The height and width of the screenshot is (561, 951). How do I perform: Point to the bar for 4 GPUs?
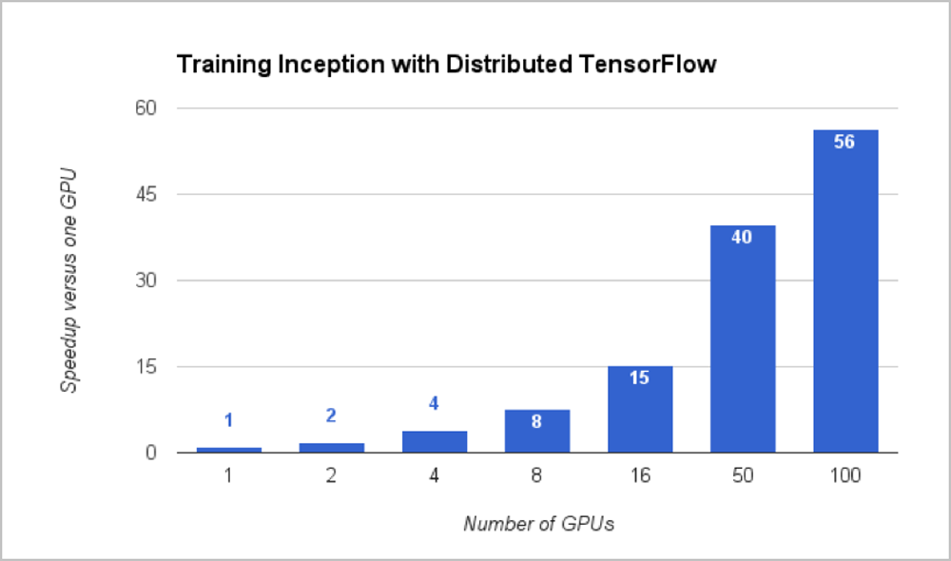(434, 442)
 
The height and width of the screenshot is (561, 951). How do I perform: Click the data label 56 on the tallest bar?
(844, 143)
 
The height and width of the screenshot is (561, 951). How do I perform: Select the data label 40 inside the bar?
(742, 237)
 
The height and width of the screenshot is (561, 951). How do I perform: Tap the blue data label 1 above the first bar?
(228, 420)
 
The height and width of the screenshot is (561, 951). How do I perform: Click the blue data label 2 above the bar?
(331, 416)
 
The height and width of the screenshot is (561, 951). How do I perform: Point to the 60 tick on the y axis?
(146, 108)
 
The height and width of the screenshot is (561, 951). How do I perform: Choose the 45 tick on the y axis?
(146, 195)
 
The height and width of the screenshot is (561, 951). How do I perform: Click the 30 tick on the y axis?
(146, 280)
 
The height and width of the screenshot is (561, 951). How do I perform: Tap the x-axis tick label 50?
(742, 475)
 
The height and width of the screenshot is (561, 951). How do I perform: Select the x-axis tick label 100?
(844, 475)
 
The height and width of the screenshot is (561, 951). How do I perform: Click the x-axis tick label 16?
(639, 475)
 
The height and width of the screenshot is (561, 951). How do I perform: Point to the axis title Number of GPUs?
(538, 524)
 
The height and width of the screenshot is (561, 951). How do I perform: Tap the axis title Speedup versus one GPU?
(68, 280)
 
